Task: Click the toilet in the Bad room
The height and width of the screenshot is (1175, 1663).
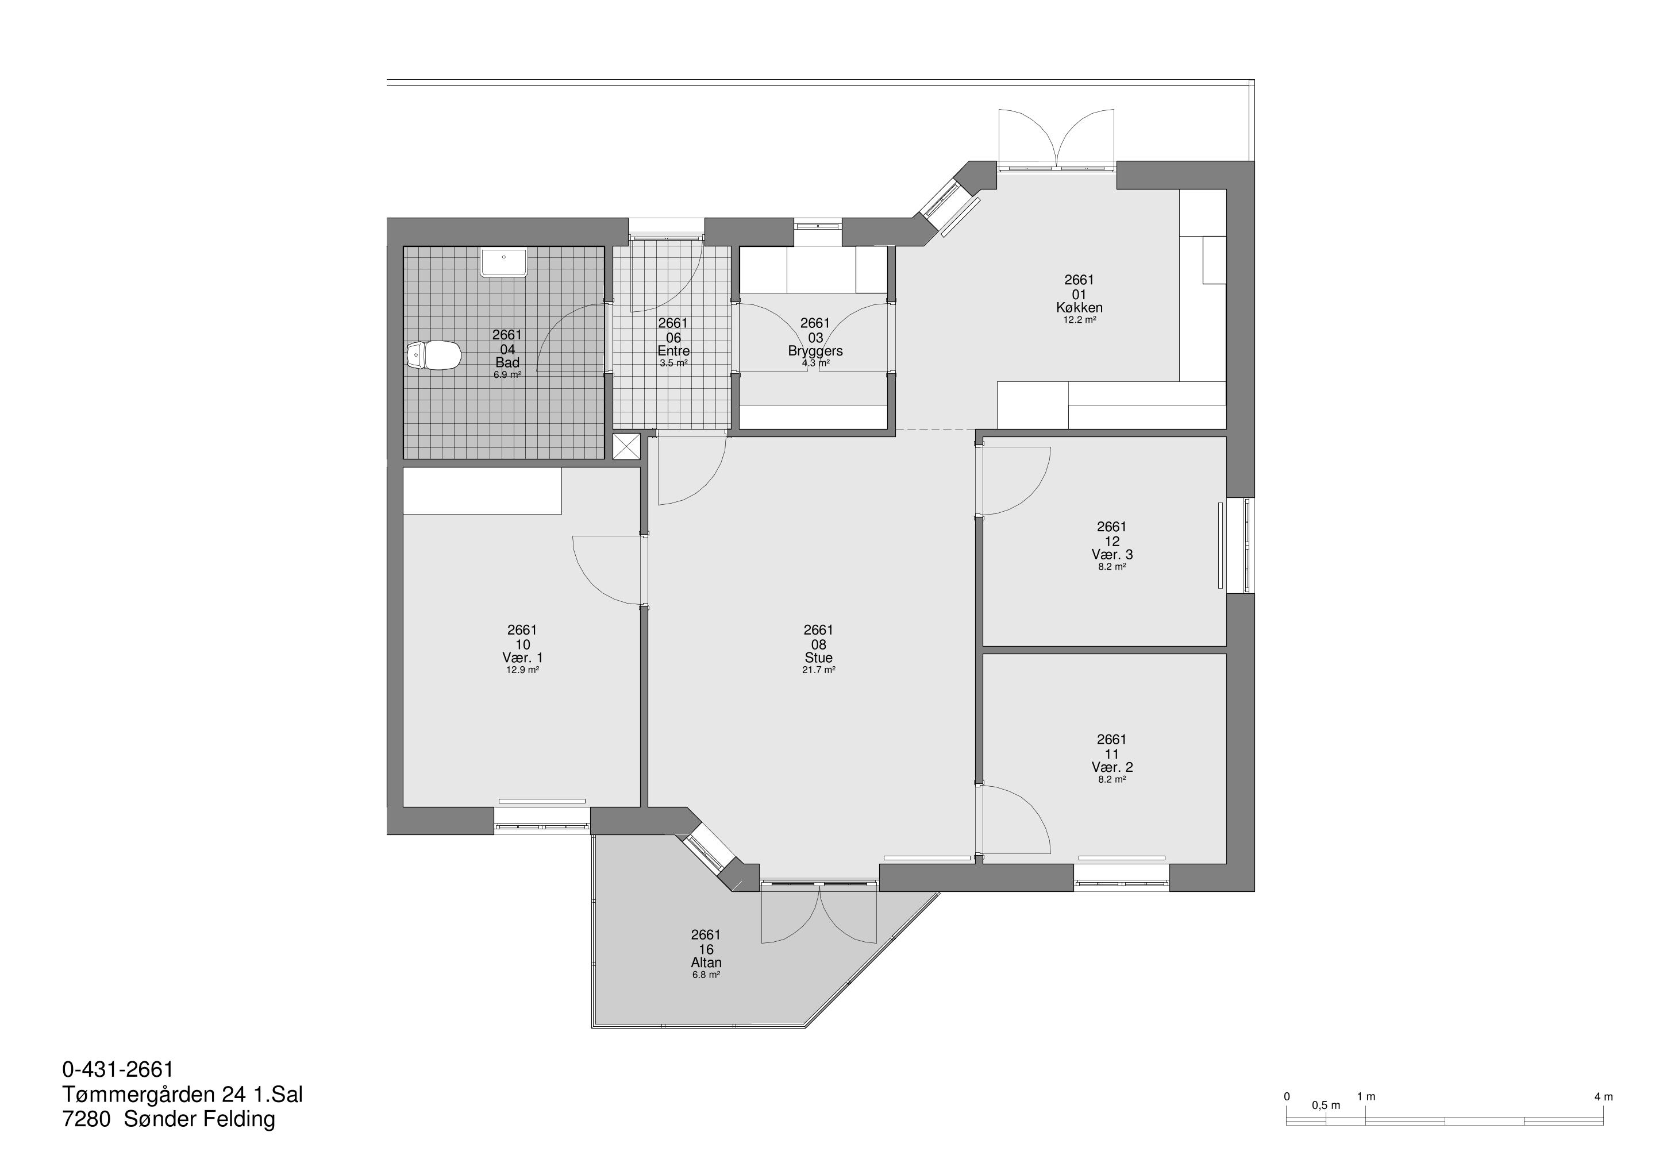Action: click(x=434, y=355)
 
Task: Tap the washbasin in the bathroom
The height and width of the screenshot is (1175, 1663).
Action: click(x=504, y=262)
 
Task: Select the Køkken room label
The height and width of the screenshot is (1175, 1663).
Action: click(x=1079, y=308)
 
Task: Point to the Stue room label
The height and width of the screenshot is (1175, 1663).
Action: click(x=818, y=658)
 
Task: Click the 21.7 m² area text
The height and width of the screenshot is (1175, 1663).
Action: click(x=818, y=670)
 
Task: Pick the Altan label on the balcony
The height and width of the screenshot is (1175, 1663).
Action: click(x=706, y=963)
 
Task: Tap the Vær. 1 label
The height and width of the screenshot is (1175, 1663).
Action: click(x=522, y=658)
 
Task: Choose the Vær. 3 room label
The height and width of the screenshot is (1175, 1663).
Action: click(x=1112, y=555)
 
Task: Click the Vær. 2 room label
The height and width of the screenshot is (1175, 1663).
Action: click(x=1112, y=767)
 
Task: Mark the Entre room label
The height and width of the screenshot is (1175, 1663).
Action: click(x=673, y=351)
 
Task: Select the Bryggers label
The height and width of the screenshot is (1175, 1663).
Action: click(x=815, y=351)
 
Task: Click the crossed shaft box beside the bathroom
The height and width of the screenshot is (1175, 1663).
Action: click(x=626, y=446)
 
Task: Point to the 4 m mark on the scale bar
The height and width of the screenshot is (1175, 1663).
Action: click(x=1604, y=1097)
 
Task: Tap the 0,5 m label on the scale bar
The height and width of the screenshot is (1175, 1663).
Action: click(x=1326, y=1106)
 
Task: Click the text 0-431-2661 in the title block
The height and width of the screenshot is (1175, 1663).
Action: click(x=118, y=1069)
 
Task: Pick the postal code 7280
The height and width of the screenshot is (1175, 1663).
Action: click(x=86, y=1119)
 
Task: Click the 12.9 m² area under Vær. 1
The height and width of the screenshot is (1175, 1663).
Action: click(x=522, y=670)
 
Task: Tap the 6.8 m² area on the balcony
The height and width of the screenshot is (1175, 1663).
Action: click(x=706, y=975)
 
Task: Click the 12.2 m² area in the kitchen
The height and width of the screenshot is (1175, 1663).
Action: click(x=1079, y=320)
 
